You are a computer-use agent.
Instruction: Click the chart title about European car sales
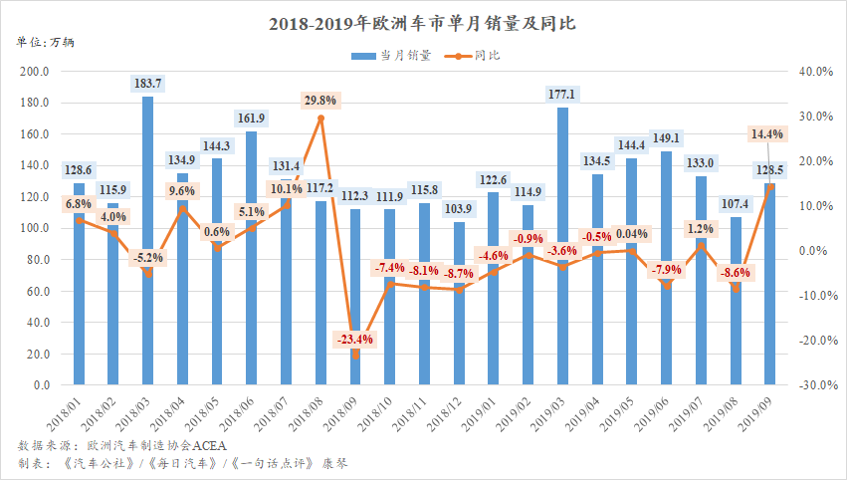[x=422, y=22]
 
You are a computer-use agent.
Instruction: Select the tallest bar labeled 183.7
[x=148, y=239]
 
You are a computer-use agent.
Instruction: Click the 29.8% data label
[x=320, y=101]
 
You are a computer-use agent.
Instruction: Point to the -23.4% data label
[x=355, y=339]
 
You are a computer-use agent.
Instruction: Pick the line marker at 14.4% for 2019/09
[x=769, y=186]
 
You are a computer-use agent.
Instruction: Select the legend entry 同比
[x=479, y=56]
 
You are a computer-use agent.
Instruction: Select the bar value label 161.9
[x=252, y=119]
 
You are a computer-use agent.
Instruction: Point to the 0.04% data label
[x=631, y=235]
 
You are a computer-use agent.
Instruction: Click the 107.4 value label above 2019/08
[x=735, y=204]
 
